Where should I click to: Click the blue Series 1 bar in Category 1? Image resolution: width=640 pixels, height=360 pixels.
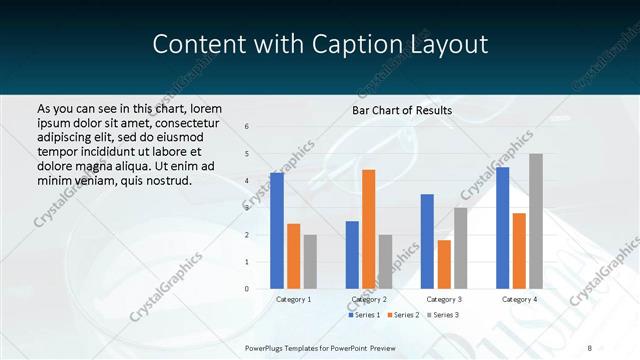[277, 231]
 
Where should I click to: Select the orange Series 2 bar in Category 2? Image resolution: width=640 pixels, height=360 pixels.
[368, 229]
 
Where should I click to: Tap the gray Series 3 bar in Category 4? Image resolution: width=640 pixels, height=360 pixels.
[535, 221]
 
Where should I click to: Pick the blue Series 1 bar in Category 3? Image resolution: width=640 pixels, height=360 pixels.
[428, 241]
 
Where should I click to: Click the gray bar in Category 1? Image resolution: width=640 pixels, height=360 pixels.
[310, 262]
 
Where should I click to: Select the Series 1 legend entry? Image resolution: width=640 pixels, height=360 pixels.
[365, 315]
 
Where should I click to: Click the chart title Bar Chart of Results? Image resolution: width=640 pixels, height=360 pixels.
[402, 110]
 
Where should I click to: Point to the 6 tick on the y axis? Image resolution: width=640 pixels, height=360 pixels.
[247, 126]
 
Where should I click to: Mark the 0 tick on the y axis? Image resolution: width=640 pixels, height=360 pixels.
[247, 289]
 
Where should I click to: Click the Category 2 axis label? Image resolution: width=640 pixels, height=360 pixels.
[368, 299]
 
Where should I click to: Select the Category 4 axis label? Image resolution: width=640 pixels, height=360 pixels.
[519, 299]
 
